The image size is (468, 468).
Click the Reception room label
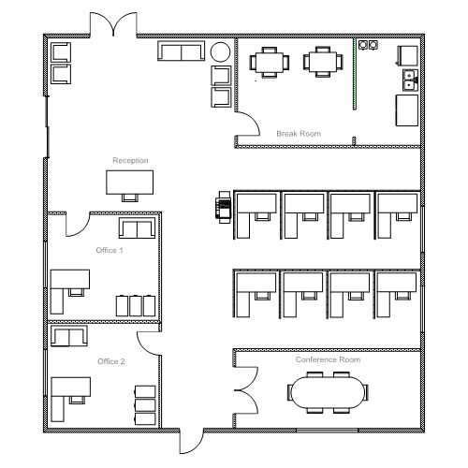point(130,160)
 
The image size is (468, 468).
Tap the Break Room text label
point(299,134)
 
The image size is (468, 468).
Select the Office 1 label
point(110,250)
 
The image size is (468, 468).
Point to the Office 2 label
point(111,361)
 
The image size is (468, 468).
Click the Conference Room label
point(328,359)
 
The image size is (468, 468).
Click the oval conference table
point(328,392)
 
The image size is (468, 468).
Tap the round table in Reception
point(220,52)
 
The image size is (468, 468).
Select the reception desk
point(129,183)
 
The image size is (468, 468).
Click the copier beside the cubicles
point(225,207)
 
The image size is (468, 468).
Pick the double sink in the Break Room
point(411,80)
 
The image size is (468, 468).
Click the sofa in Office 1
point(138,228)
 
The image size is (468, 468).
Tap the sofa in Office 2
point(69,336)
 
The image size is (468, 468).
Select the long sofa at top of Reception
point(182,51)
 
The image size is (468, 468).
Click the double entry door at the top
point(113,24)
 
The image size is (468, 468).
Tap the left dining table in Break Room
point(270,62)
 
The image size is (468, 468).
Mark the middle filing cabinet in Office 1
point(136,306)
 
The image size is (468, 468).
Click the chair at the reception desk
point(130,197)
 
